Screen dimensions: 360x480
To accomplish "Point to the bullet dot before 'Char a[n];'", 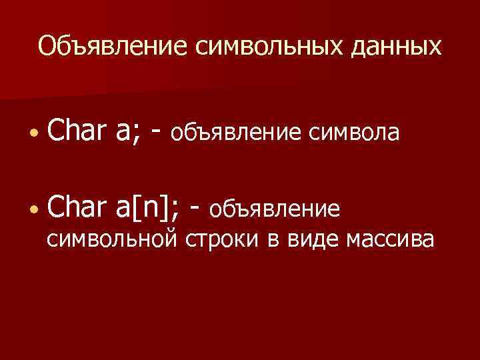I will pos(33,210).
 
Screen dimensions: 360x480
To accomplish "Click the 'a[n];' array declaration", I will pos(147,208).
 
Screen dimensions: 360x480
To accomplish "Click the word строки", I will pos(222,239).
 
